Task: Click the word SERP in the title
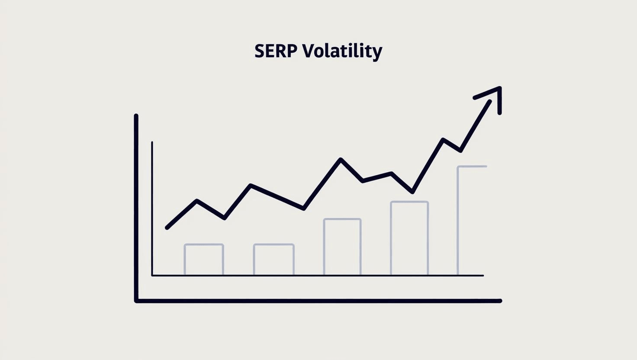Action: coord(276,51)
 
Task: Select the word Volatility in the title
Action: coord(342,51)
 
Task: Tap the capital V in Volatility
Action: coord(307,51)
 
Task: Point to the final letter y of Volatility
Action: coord(378,53)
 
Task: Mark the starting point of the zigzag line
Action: coord(167,228)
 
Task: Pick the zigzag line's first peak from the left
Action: coord(197,201)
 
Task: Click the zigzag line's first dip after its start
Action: coord(224,218)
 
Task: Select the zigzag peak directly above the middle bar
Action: coord(341,159)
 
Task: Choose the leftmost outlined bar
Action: coord(204,259)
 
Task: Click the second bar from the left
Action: coord(274,259)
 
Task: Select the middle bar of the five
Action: coord(342,247)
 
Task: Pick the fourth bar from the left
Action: coord(409,238)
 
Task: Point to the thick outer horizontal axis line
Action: coord(318,301)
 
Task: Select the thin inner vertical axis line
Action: coord(152,208)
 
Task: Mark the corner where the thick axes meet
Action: coord(137,300)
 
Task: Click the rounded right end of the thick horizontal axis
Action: coord(500,301)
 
